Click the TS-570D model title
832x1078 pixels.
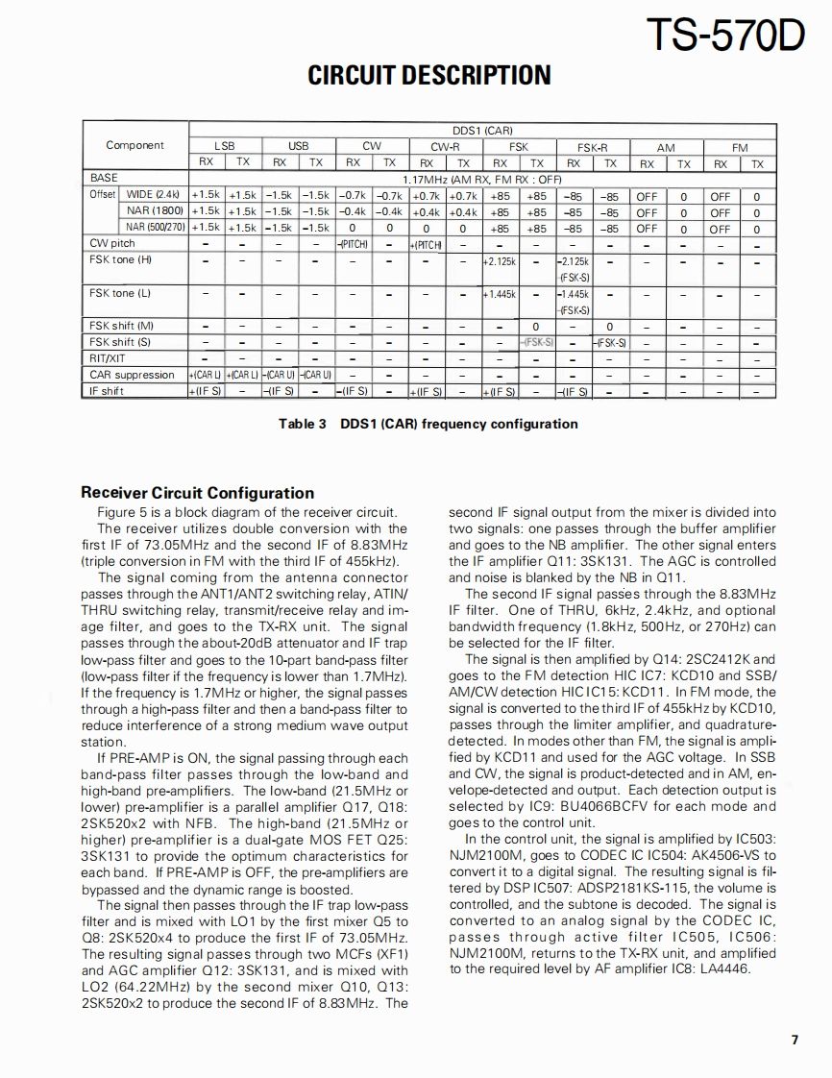(726, 35)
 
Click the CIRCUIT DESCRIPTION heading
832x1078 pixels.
(429, 76)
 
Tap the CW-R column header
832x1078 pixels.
(445, 146)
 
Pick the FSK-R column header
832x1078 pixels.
(592, 146)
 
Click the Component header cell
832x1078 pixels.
(135, 145)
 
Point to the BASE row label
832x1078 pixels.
(104, 179)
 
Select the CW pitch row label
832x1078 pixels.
(112, 244)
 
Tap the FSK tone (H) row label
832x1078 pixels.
(120, 259)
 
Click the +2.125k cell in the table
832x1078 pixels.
(500, 260)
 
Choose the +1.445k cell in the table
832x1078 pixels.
(500, 293)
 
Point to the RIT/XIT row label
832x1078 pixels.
(110, 358)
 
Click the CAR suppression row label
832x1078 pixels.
(133, 375)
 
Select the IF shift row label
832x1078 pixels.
(107, 391)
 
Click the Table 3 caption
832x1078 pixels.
(428, 424)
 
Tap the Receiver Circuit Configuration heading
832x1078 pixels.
(197, 493)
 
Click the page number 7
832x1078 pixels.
(795, 1040)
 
